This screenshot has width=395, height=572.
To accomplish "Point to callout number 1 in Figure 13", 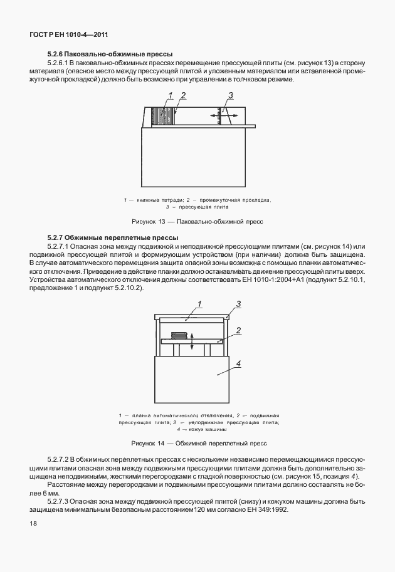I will tap(169, 96).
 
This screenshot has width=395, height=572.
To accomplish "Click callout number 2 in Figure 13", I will tap(183, 96).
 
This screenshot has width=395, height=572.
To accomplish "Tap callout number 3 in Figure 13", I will tap(231, 95).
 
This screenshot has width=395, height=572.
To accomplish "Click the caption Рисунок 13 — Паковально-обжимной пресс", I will tap(197, 222).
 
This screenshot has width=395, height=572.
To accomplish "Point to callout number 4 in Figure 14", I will tap(238, 363).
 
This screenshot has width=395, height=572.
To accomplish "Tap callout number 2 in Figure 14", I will tap(239, 330).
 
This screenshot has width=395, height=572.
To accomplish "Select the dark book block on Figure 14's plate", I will tap(180, 336).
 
